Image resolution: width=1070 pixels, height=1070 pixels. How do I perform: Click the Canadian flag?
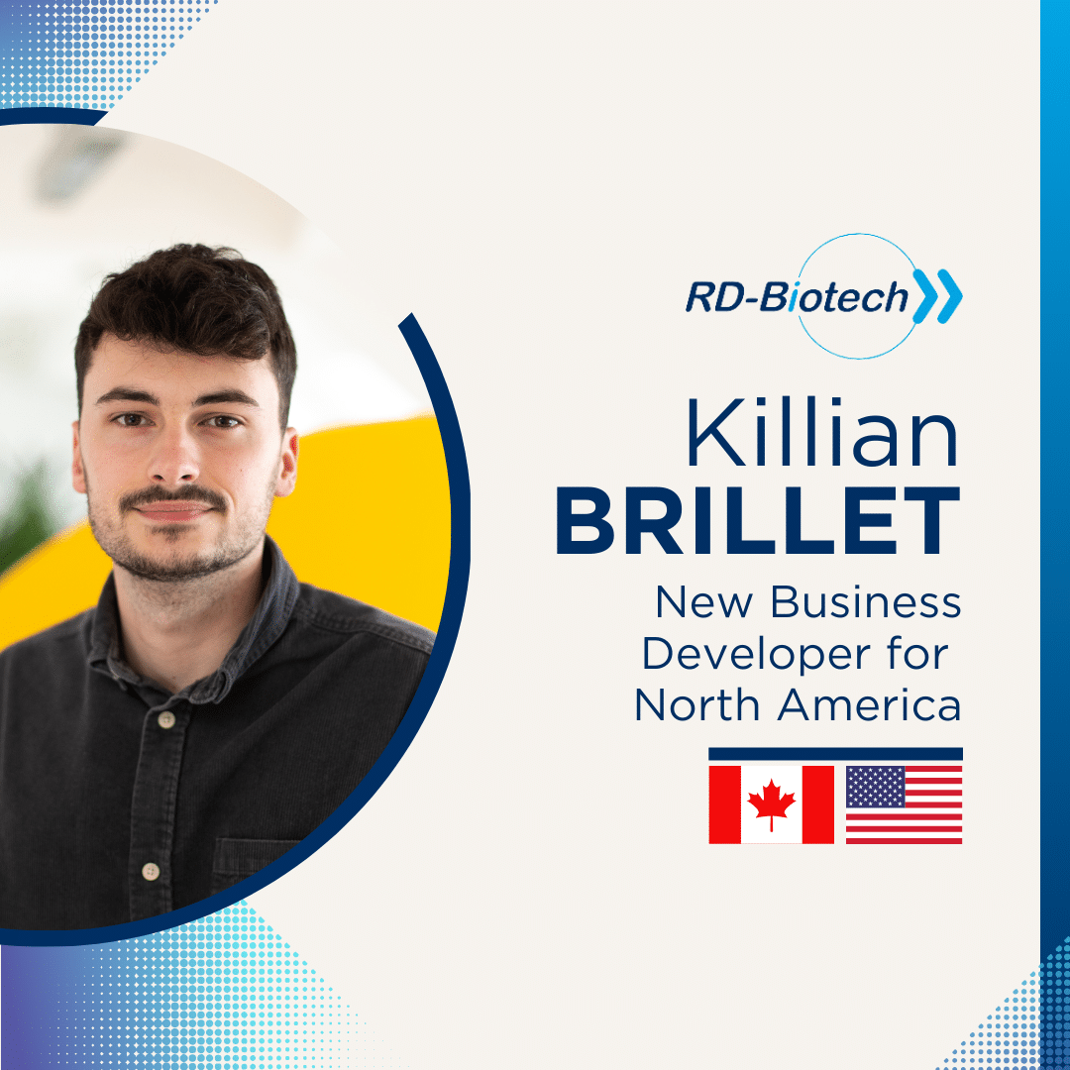point(771,804)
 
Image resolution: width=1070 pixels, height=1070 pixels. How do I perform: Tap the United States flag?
point(905,804)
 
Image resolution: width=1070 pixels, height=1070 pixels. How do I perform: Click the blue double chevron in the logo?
point(938,296)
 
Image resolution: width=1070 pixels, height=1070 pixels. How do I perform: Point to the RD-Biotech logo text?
point(797,297)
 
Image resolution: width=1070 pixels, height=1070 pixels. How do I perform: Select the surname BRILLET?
point(758,521)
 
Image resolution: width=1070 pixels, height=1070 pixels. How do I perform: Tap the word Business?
point(866,602)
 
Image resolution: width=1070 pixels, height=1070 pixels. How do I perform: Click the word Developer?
point(756,655)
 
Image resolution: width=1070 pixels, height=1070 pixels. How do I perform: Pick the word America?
point(870,705)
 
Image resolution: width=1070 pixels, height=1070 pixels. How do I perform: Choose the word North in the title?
point(696,705)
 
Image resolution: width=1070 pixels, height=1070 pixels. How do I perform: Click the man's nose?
point(173,455)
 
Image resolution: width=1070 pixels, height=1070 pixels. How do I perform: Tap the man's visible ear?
point(287,462)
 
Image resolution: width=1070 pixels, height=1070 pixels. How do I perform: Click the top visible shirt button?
point(165,719)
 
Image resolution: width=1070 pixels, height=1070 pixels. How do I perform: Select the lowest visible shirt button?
point(151,871)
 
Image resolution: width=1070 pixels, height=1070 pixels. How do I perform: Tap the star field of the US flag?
point(876,787)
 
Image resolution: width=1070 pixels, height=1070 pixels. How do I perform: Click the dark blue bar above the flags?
point(836,754)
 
